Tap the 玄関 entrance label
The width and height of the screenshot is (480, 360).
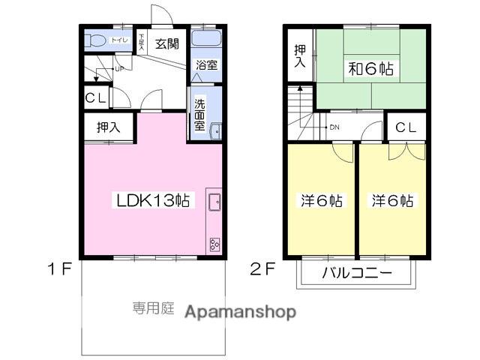click(x=167, y=43)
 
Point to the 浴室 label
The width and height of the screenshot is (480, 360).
click(x=206, y=65)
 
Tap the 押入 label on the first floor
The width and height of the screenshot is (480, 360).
click(x=108, y=127)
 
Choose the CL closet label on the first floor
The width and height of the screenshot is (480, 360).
click(x=95, y=97)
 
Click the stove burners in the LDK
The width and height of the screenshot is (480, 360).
click(x=214, y=242)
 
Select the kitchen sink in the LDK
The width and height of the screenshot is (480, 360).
click(x=214, y=201)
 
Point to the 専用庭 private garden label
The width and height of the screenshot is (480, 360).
click(x=153, y=307)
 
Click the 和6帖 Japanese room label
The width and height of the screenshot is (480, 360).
click(x=370, y=70)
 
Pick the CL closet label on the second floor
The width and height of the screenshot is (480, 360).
click(x=406, y=127)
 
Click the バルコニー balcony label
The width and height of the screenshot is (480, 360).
click(x=357, y=274)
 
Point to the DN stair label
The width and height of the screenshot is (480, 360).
click(x=334, y=127)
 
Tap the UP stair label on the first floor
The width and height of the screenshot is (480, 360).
click(x=118, y=70)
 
